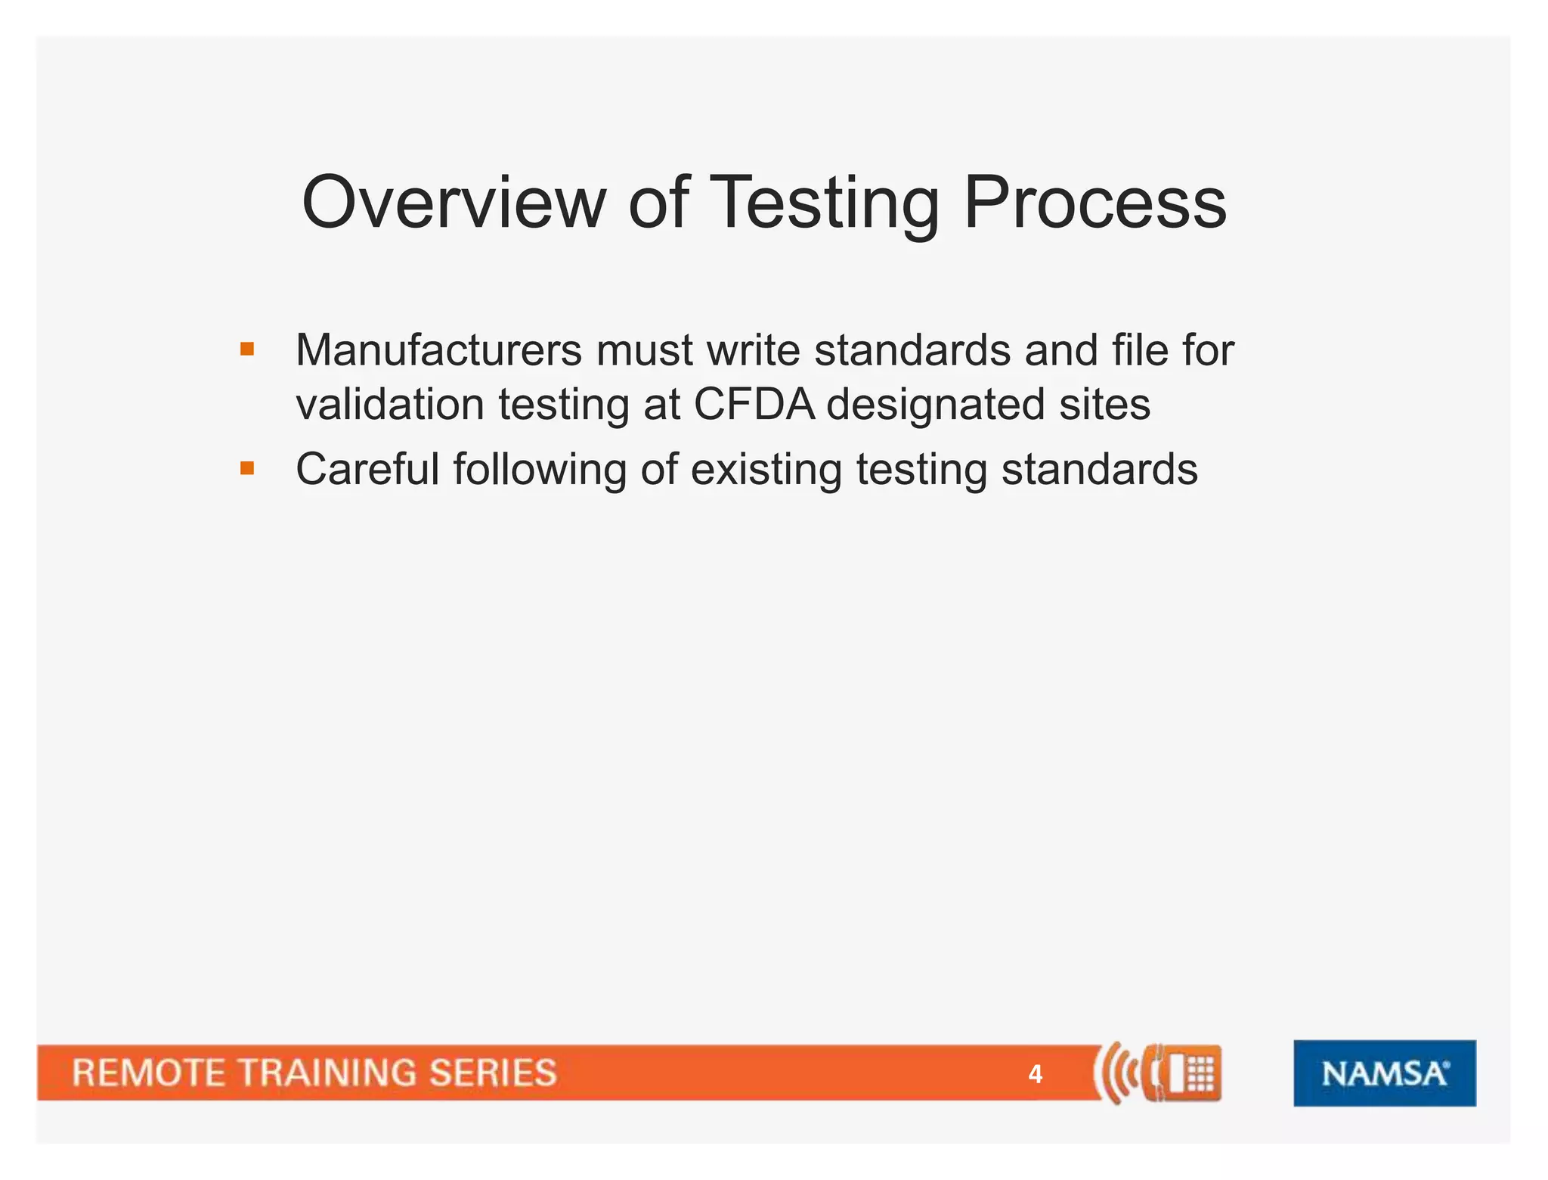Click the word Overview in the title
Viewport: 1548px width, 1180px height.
(x=454, y=203)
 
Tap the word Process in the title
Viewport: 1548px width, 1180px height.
(x=1094, y=203)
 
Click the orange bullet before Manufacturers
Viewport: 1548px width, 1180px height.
(x=247, y=349)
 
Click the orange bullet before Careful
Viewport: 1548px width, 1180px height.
(x=247, y=468)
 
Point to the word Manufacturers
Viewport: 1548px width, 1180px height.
(x=438, y=350)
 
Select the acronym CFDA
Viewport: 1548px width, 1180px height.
(x=754, y=404)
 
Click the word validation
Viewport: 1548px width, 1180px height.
(x=389, y=404)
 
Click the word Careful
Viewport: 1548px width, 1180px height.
(x=367, y=469)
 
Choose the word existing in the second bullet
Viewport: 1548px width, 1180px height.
(x=766, y=470)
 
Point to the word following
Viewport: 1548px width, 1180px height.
(x=540, y=470)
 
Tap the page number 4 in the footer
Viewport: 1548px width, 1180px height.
(x=1035, y=1074)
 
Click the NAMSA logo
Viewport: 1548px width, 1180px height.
(x=1384, y=1073)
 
